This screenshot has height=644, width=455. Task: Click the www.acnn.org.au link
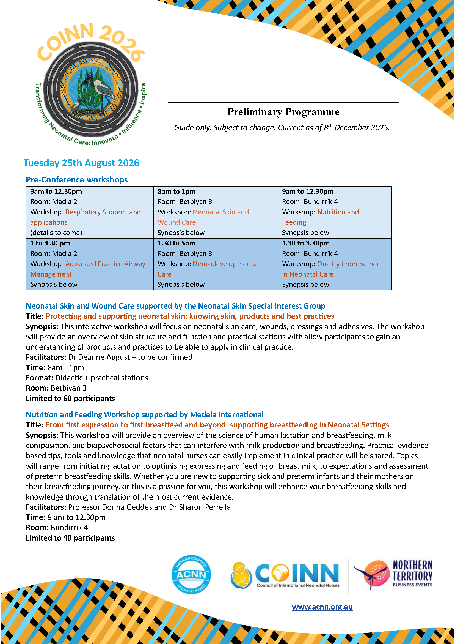click(x=322, y=607)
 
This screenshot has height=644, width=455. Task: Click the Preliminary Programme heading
click(x=283, y=112)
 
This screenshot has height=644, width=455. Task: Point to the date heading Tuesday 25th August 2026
click(x=81, y=163)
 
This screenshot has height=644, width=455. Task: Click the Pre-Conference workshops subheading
click(x=77, y=180)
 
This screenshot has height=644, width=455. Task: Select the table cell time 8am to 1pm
click(x=177, y=192)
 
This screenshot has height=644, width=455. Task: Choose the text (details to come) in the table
click(x=56, y=233)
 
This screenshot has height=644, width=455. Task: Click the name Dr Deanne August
click(x=99, y=357)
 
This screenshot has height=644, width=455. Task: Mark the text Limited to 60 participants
click(x=70, y=398)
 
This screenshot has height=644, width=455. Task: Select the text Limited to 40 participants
click(x=70, y=538)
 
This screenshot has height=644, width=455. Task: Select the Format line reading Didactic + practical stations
click(x=87, y=378)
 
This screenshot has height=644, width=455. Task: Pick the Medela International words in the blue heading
click(x=227, y=414)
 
